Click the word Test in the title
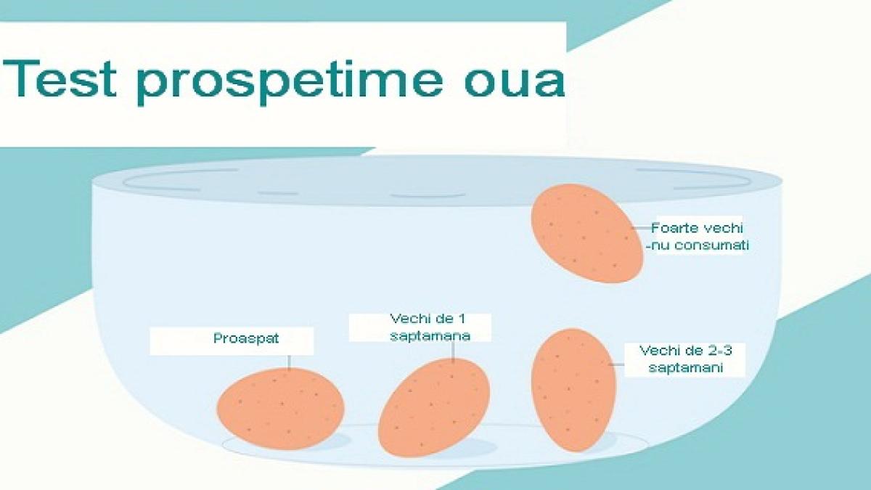coord(60,78)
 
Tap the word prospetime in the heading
coord(290,81)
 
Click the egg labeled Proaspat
coord(280,408)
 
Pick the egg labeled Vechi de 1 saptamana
coord(434,407)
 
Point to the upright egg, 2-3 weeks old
coord(573,390)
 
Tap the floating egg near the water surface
coord(587,233)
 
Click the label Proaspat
coord(246,339)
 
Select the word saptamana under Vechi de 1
coord(430,336)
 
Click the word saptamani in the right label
coord(686,368)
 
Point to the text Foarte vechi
coord(698,228)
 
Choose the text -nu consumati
coord(697,246)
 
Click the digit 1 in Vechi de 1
coord(461,319)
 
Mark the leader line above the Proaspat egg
coord(289,362)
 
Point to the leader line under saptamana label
coord(453,351)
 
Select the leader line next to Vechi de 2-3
coord(617,364)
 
